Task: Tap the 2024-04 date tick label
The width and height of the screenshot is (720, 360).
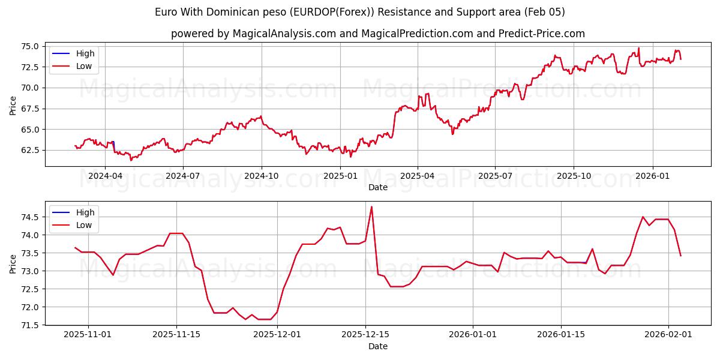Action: coord(105,176)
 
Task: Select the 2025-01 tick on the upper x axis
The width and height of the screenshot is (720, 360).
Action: coord(341,176)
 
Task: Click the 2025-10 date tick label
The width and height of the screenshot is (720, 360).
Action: coord(574,176)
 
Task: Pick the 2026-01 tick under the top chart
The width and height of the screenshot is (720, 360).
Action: coord(652,176)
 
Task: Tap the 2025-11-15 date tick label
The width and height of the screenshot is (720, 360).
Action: coord(176,335)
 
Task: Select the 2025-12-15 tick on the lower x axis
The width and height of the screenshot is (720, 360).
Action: coord(365,335)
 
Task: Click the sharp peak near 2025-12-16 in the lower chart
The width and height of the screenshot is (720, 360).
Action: coord(371,207)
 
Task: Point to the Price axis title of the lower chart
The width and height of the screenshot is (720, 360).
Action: coord(13,263)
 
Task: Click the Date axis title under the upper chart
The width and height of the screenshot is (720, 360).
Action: coord(378,187)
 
